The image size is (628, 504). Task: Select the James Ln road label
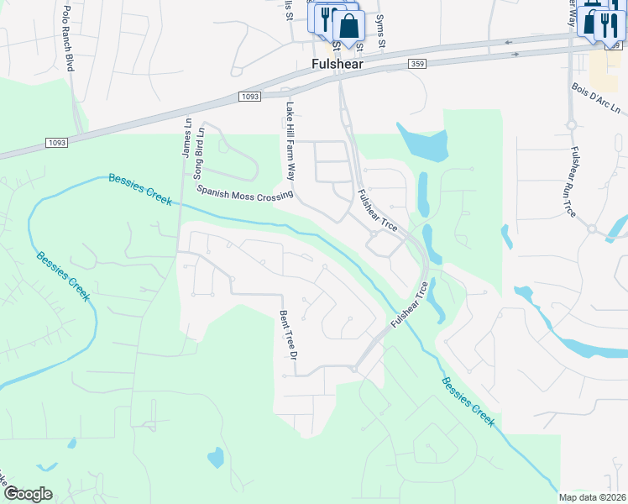pyautogui.click(x=187, y=135)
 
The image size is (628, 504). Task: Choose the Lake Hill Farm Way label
pyautogui.click(x=290, y=142)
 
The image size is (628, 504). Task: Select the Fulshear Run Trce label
pyautogui.click(x=573, y=182)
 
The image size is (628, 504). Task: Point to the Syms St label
pyautogui.click(x=380, y=29)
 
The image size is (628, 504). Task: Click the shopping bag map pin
pyautogui.click(x=348, y=26)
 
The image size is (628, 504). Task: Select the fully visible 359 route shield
pyautogui.click(x=417, y=65)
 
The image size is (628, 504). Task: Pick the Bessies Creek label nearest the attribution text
pyautogui.click(x=467, y=401)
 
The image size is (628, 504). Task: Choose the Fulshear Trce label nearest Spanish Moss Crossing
pyautogui.click(x=377, y=211)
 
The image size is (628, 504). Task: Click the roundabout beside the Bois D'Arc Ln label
pyautogui.click(x=571, y=126)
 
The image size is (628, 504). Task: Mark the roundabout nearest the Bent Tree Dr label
pyautogui.click(x=355, y=368)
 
